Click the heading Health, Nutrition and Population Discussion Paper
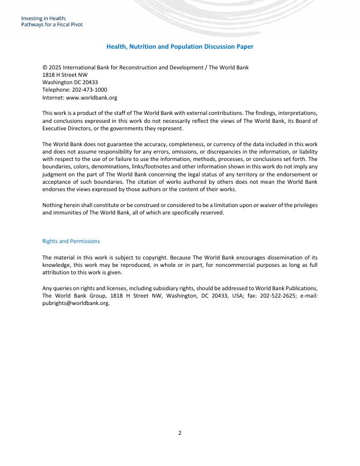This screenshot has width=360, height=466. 180,47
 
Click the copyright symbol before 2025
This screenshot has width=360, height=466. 44,67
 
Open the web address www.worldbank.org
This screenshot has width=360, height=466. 91,98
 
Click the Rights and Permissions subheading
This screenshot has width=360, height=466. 71,241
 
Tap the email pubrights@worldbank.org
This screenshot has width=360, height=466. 75,303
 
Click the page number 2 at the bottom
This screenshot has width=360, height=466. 180,433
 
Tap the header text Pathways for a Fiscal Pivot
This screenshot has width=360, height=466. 52,24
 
